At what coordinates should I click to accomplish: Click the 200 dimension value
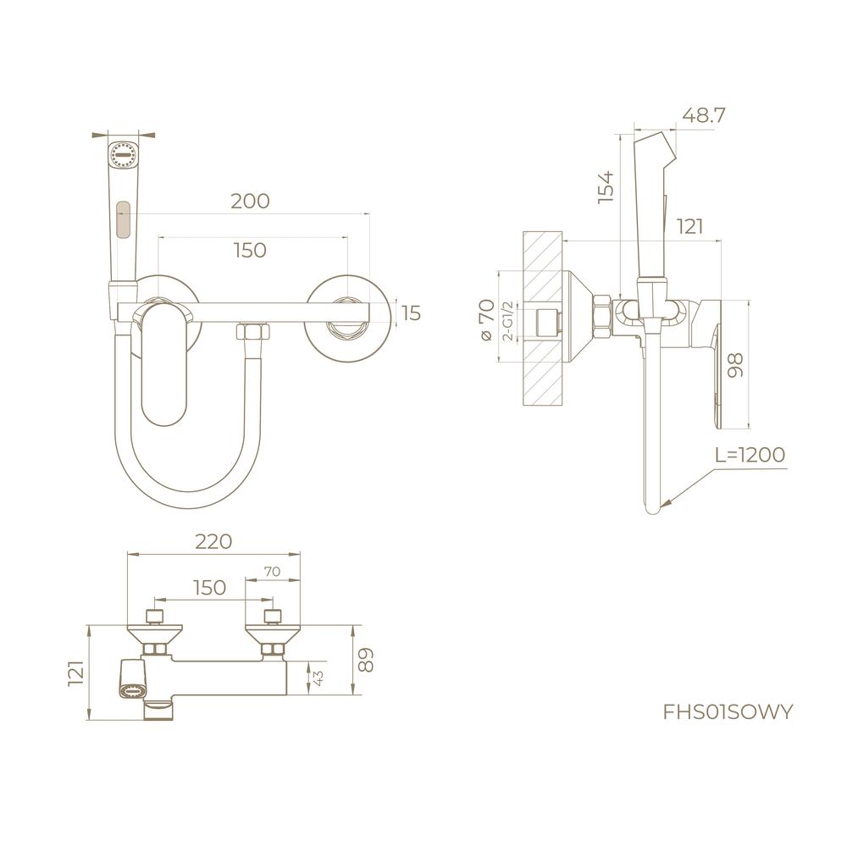click(x=250, y=201)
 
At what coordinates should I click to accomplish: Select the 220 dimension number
click(x=214, y=541)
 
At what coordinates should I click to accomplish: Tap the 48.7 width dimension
click(x=703, y=115)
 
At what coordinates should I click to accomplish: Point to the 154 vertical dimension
click(x=606, y=187)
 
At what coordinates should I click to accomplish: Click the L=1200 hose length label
click(x=750, y=455)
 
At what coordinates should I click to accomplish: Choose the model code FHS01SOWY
click(x=728, y=712)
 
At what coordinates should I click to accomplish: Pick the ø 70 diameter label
click(x=486, y=319)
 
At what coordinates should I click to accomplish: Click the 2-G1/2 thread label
click(x=507, y=321)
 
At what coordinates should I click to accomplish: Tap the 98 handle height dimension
click(x=736, y=365)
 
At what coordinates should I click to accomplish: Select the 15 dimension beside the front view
click(x=412, y=313)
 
